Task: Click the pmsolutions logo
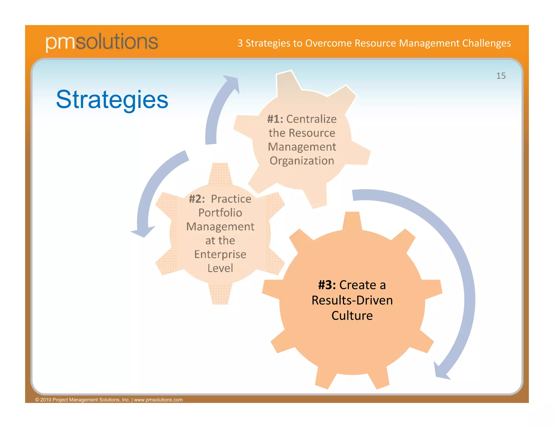click(x=102, y=42)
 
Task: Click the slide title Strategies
click(x=112, y=100)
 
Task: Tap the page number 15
click(x=501, y=76)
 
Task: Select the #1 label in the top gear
click(x=275, y=119)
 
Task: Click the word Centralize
click(x=311, y=119)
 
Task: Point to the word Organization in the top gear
click(x=302, y=161)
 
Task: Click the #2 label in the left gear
click(x=197, y=199)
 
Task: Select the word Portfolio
click(x=220, y=213)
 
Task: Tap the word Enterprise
click(x=220, y=254)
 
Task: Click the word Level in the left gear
click(x=220, y=268)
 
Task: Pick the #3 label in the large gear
click(x=327, y=285)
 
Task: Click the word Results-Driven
click(x=352, y=300)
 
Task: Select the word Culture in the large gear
click(x=352, y=316)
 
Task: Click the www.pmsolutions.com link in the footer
click(x=158, y=400)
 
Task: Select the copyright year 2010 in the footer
click(x=45, y=400)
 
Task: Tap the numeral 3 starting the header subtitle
click(x=240, y=43)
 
